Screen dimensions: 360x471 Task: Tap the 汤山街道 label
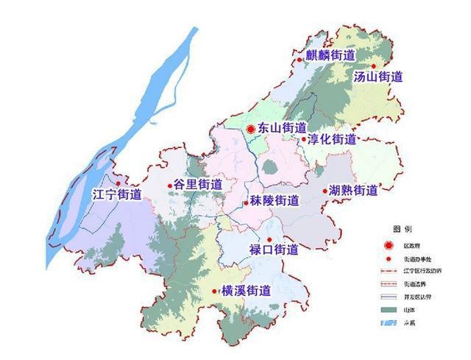coord(378,76)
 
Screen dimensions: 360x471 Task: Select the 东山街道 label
coord(283,129)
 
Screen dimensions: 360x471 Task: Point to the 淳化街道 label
coord(332,139)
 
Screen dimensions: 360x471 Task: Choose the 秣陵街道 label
coord(275,201)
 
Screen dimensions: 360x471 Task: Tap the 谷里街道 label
coord(199,185)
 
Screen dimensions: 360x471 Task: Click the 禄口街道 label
coord(274,250)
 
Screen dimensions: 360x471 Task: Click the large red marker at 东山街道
coord(250,129)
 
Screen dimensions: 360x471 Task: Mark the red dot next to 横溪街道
coord(214,291)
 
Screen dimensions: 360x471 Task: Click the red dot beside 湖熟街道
coord(325,191)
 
